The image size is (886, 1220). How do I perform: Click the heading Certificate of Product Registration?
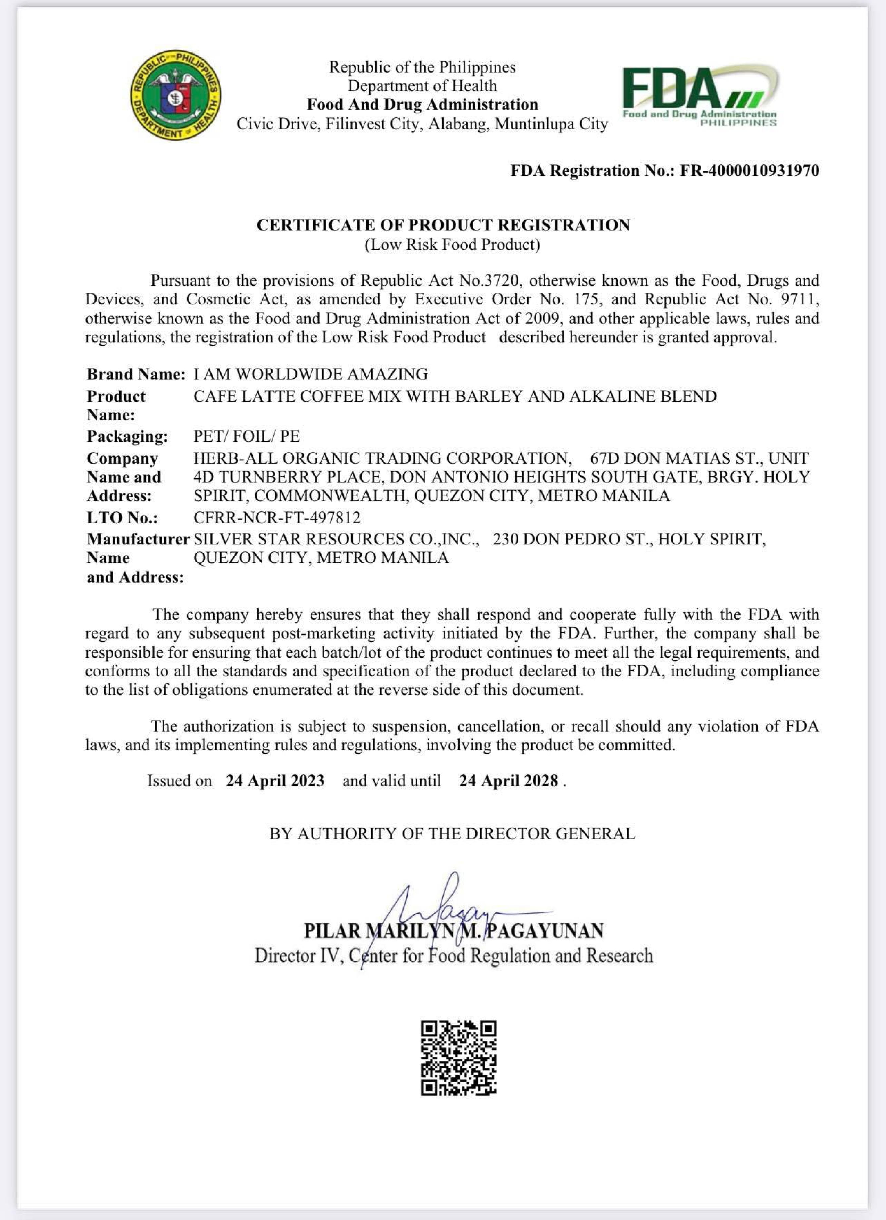click(x=443, y=225)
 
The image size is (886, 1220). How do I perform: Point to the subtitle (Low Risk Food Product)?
click(x=452, y=245)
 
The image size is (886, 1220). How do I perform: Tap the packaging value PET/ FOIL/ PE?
click(x=246, y=436)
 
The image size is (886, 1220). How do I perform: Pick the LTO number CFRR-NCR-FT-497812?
click(x=277, y=518)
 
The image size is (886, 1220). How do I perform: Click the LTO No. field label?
click(x=122, y=518)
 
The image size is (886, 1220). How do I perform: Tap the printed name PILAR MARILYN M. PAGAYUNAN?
click(x=453, y=931)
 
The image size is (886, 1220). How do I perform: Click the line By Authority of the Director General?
click(x=452, y=834)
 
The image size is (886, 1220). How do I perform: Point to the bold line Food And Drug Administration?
click(x=422, y=104)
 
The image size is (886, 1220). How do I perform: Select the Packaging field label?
click(x=127, y=436)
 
